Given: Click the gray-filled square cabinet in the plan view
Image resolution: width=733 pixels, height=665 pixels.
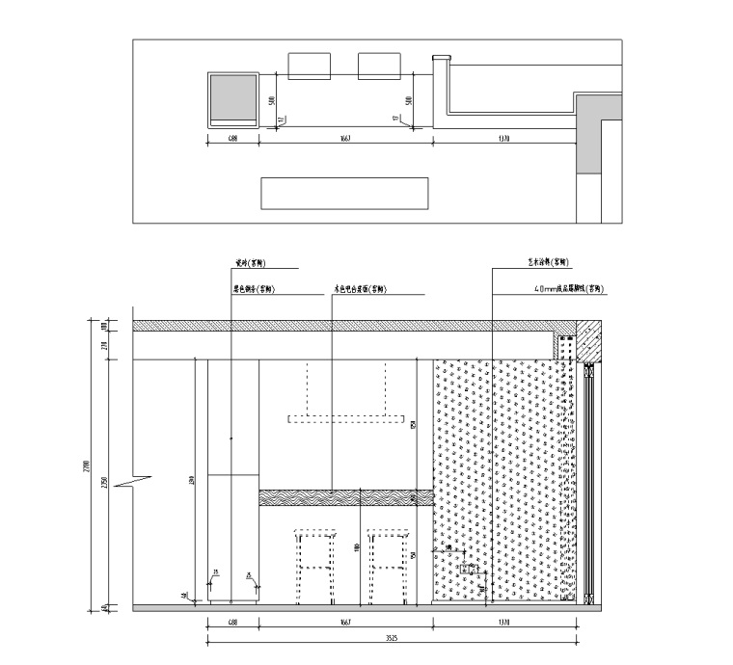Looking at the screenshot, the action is tap(233, 97).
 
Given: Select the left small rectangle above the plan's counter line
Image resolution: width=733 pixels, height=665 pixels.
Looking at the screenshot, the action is tap(310, 65).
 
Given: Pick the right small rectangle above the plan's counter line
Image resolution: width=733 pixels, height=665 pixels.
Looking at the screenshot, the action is tap(378, 65).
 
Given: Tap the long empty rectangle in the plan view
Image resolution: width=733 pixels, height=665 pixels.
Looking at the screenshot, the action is tap(344, 193).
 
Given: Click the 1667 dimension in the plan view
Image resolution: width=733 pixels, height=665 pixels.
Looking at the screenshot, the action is tap(344, 139).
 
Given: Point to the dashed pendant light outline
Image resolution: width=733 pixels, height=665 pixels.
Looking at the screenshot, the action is tap(344, 417).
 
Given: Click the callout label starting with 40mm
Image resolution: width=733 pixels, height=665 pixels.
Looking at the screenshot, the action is tap(566, 288).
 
